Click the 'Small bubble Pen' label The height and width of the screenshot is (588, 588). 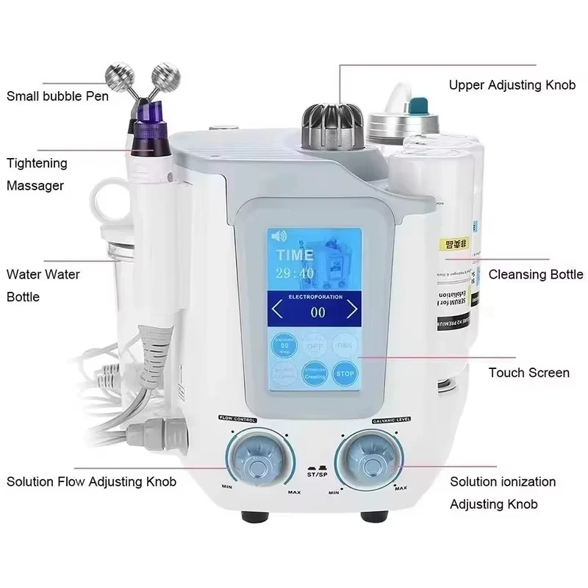click(58, 96)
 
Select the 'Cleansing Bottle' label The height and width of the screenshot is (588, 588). click(536, 274)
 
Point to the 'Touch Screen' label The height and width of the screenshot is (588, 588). click(528, 373)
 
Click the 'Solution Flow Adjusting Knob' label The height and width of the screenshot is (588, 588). click(91, 481)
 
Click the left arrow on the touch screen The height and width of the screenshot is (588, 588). click(276, 309)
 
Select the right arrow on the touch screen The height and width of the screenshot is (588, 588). click(352, 309)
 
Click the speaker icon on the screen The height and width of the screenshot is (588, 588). click(279, 237)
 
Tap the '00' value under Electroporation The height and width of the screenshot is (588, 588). click(318, 312)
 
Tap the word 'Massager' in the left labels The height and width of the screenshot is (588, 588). click(36, 186)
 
